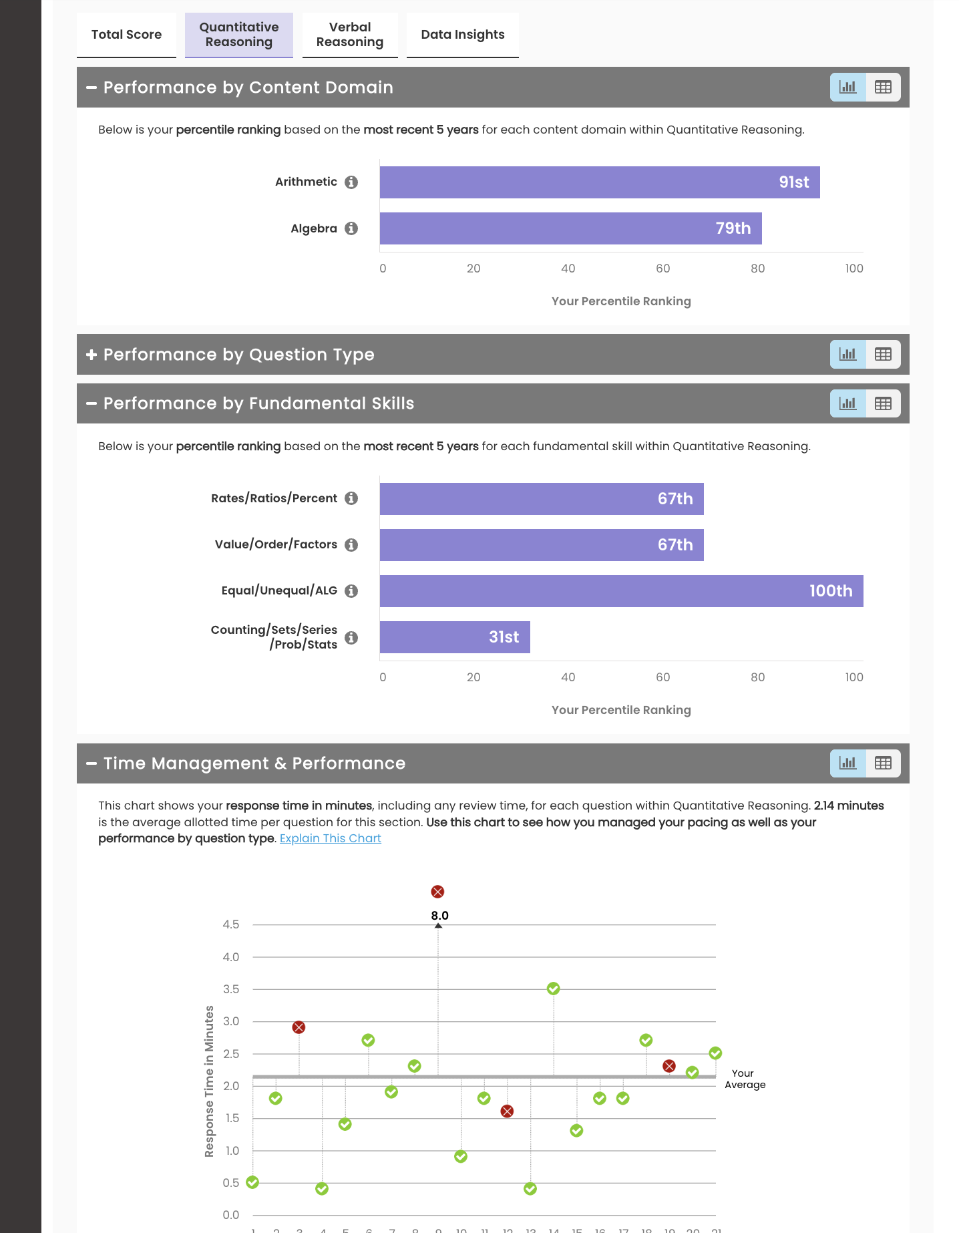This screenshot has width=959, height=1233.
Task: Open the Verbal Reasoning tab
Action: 350,35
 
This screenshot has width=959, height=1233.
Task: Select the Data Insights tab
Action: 462,35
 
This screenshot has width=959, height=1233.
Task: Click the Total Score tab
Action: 126,35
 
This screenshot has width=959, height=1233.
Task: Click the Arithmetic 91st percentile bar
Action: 599,182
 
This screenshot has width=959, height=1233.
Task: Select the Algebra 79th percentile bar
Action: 570,228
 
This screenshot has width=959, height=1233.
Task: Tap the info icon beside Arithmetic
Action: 351,182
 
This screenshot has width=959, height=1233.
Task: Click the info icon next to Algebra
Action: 351,228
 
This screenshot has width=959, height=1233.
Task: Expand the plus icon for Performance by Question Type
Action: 91,355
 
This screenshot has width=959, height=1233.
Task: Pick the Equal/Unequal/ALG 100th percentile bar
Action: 621,591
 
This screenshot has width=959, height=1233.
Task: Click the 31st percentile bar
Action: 455,637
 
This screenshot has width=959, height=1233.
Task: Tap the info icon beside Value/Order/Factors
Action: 351,545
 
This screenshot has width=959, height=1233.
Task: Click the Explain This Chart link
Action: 330,838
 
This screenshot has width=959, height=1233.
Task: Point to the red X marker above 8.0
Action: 437,892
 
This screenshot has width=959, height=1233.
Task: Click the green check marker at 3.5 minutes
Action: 553,989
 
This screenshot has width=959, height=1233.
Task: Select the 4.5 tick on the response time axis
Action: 231,924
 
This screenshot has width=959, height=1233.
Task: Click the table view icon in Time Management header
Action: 883,763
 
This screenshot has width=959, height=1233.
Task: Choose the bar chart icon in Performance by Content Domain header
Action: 847,87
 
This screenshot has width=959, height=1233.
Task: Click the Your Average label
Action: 745,1079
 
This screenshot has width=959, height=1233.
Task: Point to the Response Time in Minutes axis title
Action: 209,1081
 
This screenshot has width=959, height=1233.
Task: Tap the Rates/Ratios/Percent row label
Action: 274,498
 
